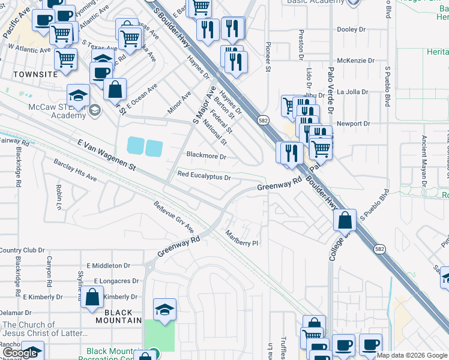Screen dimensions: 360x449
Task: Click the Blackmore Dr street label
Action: click(206, 157)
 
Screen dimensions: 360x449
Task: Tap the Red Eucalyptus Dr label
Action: click(204, 177)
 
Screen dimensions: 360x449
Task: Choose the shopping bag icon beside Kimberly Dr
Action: click(92, 299)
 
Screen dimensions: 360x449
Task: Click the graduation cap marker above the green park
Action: click(164, 310)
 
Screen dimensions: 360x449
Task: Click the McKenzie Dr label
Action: click(355, 61)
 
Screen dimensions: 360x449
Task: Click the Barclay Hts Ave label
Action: click(75, 170)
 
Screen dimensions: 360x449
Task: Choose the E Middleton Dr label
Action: click(108, 265)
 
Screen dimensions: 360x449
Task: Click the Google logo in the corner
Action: click(20, 353)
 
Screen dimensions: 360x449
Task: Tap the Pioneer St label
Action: click(268, 57)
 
